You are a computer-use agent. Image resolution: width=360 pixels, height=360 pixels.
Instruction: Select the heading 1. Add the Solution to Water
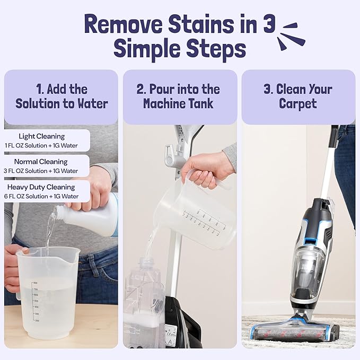[x=61, y=96]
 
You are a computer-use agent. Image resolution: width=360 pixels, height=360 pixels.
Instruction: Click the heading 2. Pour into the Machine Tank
[x=180, y=96]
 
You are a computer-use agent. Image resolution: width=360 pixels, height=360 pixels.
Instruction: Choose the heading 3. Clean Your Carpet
[x=298, y=96]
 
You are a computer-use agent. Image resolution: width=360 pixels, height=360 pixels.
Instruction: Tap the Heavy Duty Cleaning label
[x=41, y=187]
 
